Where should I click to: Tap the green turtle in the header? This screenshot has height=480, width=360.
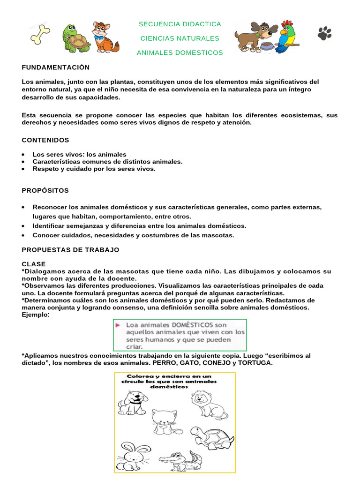tap(76, 38)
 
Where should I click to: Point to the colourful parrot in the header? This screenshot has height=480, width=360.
tap(287, 36)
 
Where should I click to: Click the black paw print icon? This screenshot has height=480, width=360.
tap(324, 33)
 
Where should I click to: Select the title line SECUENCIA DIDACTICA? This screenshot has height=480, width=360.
tap(180, 24)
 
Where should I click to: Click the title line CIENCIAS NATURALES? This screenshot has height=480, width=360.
tap(180, 38)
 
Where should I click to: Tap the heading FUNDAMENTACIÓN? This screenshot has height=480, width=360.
tap(56, 67)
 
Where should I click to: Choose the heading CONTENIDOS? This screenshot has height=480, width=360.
tap(45, 140)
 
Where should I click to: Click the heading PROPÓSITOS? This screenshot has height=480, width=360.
tap(45, 190)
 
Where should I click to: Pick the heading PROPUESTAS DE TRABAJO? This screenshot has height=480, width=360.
tap(71, 249)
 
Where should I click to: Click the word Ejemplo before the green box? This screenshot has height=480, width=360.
tap(36, 315)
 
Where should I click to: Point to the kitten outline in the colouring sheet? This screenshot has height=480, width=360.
tap(165, 421)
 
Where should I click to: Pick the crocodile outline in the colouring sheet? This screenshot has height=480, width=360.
tap(180, 462)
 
